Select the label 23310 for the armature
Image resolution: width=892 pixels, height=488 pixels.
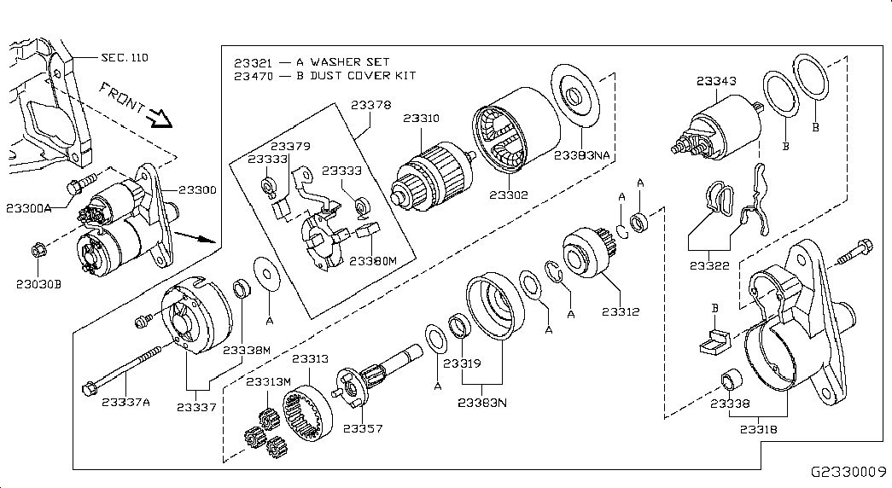click(x=422, y=119)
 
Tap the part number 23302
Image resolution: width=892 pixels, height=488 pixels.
click(x=509, y=195)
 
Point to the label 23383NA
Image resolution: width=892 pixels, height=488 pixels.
click(x=583, y=156)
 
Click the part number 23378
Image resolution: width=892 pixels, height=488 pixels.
click(x=371, y=106)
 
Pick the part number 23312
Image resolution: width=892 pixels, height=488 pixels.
click(x=621, y=312)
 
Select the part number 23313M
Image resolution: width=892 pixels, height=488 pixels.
click(x=269, y=381)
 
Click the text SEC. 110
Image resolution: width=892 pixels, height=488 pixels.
click(x=125, y=58)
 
